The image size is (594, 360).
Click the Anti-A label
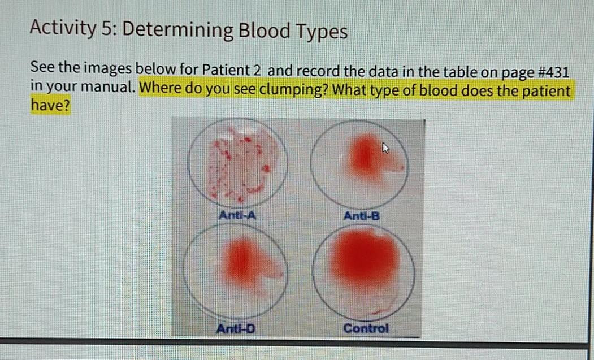click(x=237, y=215)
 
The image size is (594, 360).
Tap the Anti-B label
click(x=361, y=216)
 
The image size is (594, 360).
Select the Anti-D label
click(x=236, y=328)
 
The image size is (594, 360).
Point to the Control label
click(x=366, y=328)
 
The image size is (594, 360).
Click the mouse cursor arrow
click(x=385, y=148)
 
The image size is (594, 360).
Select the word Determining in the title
click(x=177, y=31)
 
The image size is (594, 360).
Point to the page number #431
click(x=553, y=72)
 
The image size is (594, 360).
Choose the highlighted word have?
click(x=50, y=105)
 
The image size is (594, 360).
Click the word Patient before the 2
click(x=226, y=70)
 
